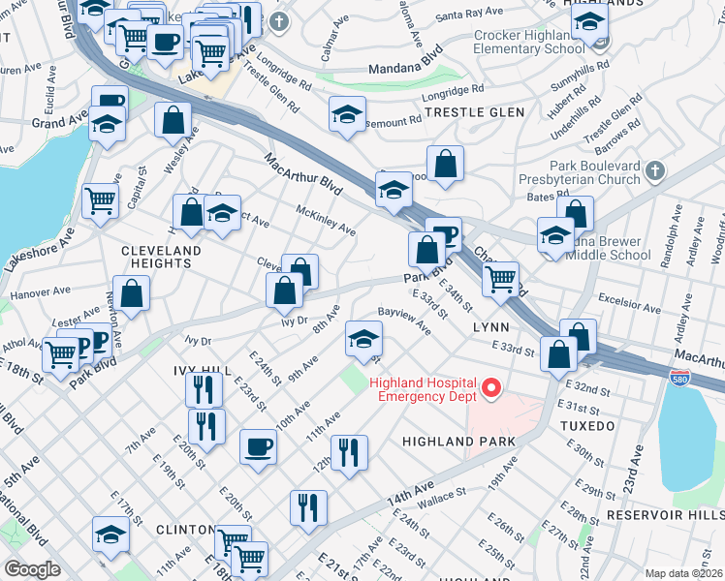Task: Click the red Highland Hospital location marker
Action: tap(491, 389)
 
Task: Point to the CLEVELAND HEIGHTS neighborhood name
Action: tap(161, 257)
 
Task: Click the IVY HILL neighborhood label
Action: tap(202, 371)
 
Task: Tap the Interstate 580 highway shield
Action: tap(681, 373)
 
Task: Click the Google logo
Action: tap(31, 569)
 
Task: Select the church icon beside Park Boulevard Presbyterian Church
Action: tap(655, 170)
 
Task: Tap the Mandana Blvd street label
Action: tap(406, 60)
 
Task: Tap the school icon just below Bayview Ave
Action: tap(363, 339)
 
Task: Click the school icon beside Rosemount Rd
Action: tap(347, 115)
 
